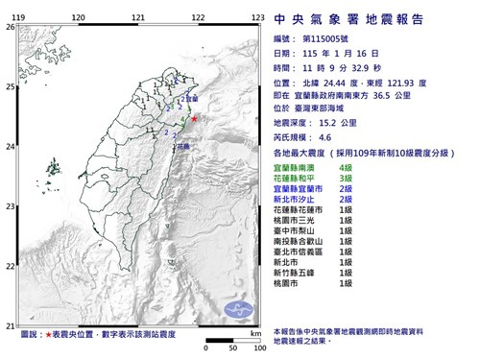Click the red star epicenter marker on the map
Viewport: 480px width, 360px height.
[194, 119]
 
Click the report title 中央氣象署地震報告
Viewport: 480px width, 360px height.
[354, 18]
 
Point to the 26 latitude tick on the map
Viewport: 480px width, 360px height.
[10, 29]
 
